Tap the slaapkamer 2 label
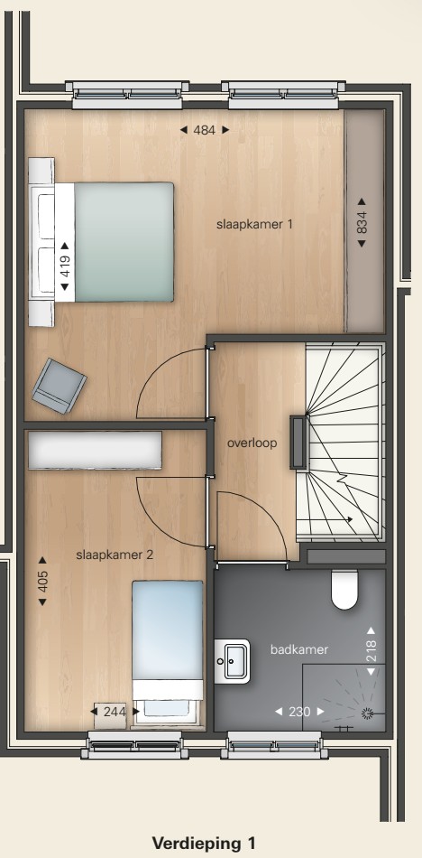pyautogui.click(x=115, y=555)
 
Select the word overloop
pyautogui.click(x=252, y=443)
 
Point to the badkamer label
pyautogui.click(x=299, y=649)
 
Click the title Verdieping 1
pyautogui.click(x=204, y=844)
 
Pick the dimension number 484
pyautogui.click(x=205, y=130)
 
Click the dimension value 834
pyautogui.click(x=362, y=223)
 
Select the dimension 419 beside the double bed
pyautogui.click(x=65, y=267)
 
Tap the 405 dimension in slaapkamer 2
pyautogui.click(x=42, y=581)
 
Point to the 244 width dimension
pyautogui.click(x=115, y=712)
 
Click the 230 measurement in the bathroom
pyautogui.click(x=299, y=712)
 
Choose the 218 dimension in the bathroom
pyautogui.click(x=372, y=650)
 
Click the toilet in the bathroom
pyautogui.click(x=344, y=590)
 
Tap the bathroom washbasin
pyautogui.click(x=232, y=661)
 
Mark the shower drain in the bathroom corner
pyautogui.click(x=367, y=712)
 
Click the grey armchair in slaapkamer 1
pyautogui.click(x=59, y=386)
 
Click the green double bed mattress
pyautogui.click(x=124, y=242)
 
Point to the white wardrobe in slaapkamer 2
pyautogui.click(x=95, y=450)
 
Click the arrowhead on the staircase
pyautogui.click(x=348, y=519)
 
